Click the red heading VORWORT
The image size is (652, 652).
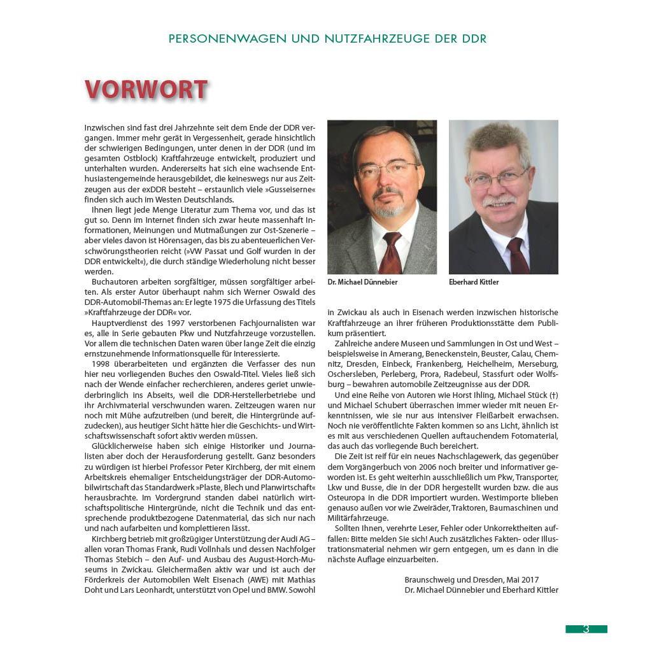pos(146,90)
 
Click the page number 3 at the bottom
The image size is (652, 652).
pos(586,629)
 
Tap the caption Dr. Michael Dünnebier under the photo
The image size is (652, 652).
pos(362,281)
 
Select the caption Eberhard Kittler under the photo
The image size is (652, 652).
pos(474,281)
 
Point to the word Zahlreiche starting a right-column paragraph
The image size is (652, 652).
pos(353,343)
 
